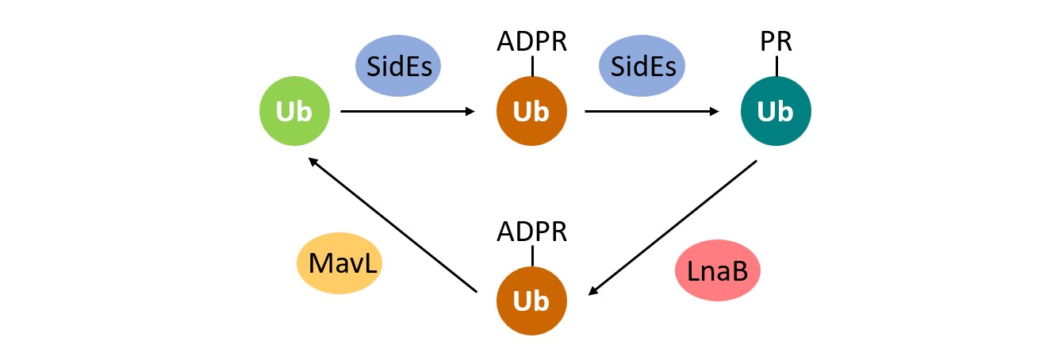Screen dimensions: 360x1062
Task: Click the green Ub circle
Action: (295, 112)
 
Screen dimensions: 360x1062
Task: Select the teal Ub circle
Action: (775, 112)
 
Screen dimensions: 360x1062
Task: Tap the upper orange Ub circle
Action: (531, 112)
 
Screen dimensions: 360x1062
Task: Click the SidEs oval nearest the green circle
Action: (397, 66)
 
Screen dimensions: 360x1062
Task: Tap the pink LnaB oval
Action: (718, 271)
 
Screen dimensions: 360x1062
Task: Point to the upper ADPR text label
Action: (531, 41)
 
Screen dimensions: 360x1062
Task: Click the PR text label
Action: (776, 41)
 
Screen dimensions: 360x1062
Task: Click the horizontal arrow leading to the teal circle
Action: (651, 112)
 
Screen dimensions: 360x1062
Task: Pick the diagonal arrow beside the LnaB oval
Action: (673, 228)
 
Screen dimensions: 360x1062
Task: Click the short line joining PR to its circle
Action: (776, 67)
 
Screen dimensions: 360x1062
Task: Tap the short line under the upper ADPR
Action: (531, 67)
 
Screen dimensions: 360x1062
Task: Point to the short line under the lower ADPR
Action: (531, 255)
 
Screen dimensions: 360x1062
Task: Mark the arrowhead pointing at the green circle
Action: (313, 161)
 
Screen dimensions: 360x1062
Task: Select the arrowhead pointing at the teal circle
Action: (714, 112)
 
